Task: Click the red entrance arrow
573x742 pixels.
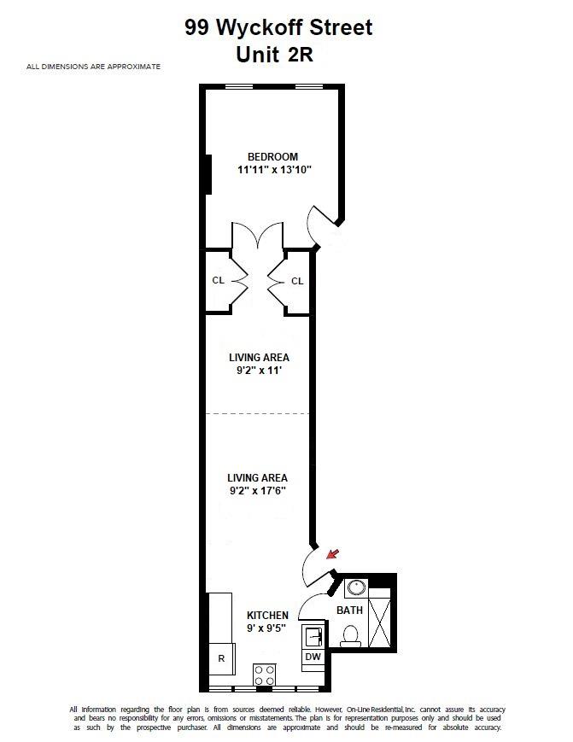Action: pyautogui.click(x=334, y=553)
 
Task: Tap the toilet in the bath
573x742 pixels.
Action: pyautogui.click(x=351, y=635)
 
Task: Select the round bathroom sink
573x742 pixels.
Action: pyautogui.click(x=355, y=587)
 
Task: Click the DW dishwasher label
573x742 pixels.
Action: pyautogui.click(x=313, y=657)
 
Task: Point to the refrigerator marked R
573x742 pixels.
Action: pyautogui.click(x=222, y=658)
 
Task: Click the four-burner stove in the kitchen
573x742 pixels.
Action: pyautogui.click(x=265, y=675)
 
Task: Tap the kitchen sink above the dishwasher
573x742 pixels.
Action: pyautogui.click(x=313, y=637)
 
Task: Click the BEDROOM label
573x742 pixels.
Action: pyautogui.click(x=273, y=156)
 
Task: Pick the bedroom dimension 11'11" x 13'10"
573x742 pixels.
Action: pyautogui.click(x=274, y=169)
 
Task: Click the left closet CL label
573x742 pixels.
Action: pyautogui.click(x=218, y=280)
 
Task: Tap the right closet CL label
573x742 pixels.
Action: pyautogui.click(x=297, y=281)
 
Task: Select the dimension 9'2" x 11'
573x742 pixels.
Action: pyautogui.click(x=260, y=370)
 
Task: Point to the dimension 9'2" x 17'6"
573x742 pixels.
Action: pyautogui.click(x=258, y=491)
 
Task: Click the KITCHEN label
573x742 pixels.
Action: pyautogui.click(x=267, y=615)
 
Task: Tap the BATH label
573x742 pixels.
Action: pyautogui.click(x=349, y=611)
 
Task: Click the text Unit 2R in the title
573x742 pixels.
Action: pyautogui.click(x=274, y=55)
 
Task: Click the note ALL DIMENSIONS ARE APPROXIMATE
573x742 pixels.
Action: pyautogui.click(x=93, y=67)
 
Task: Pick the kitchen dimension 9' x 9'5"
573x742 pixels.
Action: pyautogui.click(x=266, y=628)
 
